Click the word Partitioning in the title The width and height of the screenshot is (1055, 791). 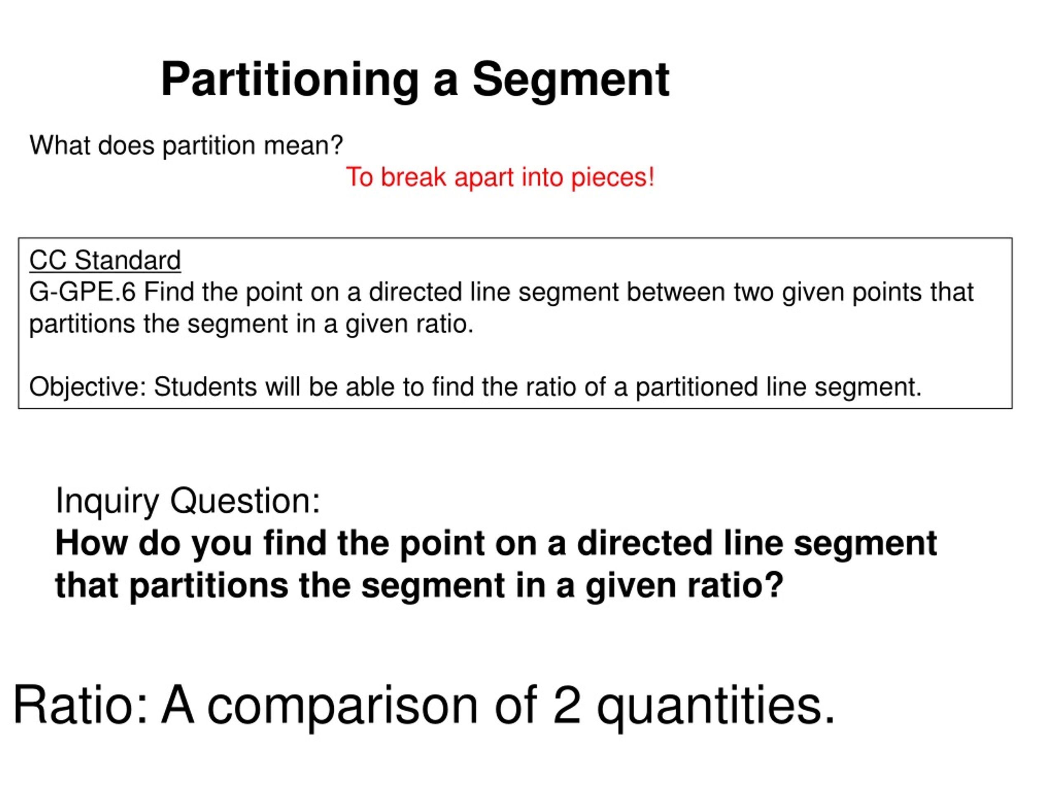(289, 80)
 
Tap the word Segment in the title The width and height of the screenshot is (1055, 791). (571, 80)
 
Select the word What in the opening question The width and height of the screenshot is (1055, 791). (60, 145)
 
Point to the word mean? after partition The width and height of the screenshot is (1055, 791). (303, 145)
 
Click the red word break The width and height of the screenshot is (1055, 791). (413, 178)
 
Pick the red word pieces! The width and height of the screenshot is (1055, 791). (612, 178)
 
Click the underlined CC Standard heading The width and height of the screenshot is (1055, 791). (105, 260)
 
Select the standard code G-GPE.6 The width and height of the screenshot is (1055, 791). (82, 292)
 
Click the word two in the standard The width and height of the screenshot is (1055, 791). (754, 292)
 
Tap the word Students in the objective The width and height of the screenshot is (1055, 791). (206, 387)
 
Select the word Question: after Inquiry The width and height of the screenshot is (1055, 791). (245, 501)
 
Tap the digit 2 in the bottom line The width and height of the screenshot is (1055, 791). (567, 705)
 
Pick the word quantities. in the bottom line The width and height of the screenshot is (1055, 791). (715, 705)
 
